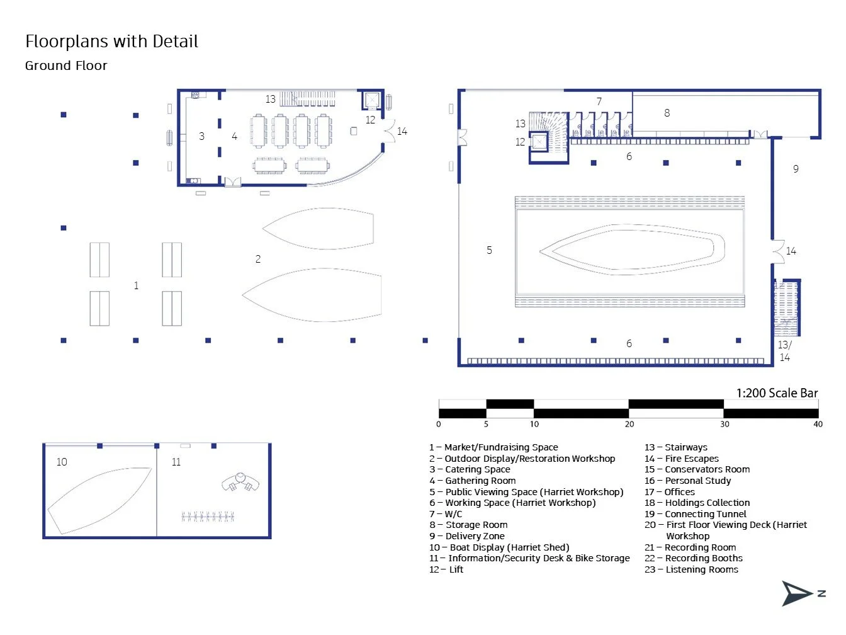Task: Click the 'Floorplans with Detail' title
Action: (x=111, y=41)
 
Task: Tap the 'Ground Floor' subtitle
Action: (x=66, y=66)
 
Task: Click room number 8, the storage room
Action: (x=667, y=113)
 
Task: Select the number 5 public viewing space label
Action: (x=489, y=250)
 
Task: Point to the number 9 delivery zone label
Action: (x=796, y=169)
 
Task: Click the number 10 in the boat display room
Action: (x=62, y=462)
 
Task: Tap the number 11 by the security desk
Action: (x=176, y=462)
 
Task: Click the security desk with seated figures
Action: (x=240, y=482)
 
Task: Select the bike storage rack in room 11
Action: (x=208, y=516)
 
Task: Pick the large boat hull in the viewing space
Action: (x=632, y=249)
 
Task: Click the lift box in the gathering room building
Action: (x=372, y=100)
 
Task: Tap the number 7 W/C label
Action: (x=599, y=101)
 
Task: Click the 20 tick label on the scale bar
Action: (x=629, y=424)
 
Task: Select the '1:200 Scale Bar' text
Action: (x=777, y=393)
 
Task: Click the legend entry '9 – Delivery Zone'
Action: (x=467, y=536)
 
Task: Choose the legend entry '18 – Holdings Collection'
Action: (x=697, y=503)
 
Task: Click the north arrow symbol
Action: (x=797, y=594)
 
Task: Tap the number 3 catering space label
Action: (x=201, y=136)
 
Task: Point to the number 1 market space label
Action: (x=136, y=285)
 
